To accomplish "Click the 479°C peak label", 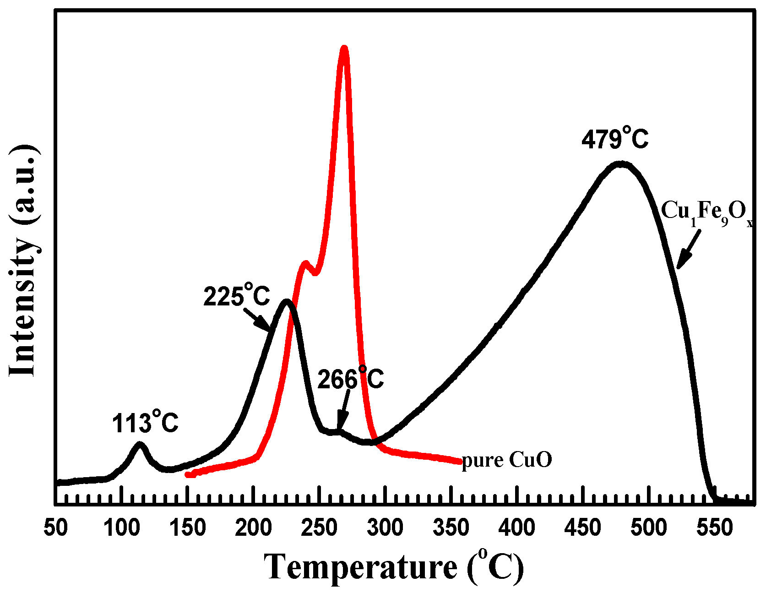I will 615,139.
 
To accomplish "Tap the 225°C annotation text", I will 236,296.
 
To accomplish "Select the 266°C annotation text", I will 350,379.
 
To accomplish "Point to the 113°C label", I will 145,422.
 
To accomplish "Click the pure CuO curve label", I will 507,460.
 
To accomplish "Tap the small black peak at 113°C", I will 140,444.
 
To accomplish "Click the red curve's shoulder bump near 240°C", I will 305,263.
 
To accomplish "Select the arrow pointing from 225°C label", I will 257,319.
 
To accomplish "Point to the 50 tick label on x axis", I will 56,528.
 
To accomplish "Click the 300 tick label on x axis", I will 385,528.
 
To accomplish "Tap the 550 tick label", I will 714,528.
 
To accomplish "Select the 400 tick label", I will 517,528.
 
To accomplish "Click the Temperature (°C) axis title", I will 394,567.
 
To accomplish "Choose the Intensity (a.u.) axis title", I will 24,261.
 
